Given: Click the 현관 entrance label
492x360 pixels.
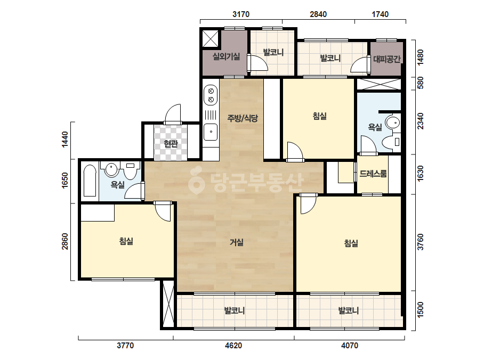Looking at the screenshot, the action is point(171,144).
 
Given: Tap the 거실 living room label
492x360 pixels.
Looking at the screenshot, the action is point(237,242).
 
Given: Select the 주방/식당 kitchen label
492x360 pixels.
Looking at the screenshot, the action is point(243,118).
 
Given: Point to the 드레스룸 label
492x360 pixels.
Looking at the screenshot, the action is point(373,174).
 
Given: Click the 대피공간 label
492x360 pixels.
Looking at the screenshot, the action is point(386,59).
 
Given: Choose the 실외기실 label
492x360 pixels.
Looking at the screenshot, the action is point(226,56).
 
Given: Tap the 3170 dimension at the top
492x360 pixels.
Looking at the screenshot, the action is point(241,14).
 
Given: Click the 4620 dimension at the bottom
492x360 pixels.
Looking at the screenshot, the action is point(233,346).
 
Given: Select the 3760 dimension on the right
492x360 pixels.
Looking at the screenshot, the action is point(421,242).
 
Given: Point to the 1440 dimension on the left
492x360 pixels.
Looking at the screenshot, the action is point(64,140).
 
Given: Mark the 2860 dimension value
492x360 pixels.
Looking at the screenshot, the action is point(64,241).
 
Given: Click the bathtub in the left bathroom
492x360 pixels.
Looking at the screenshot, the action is point(90,181).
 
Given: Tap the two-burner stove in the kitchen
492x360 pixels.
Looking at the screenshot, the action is point(211,95).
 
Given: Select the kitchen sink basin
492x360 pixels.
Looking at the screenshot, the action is point(211,132).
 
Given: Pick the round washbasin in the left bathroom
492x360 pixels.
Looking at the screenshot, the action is point(111,170).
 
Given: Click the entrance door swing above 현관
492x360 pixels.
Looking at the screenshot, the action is point(173,114).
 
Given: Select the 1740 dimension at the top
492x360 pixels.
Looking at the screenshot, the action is point(380,14).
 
